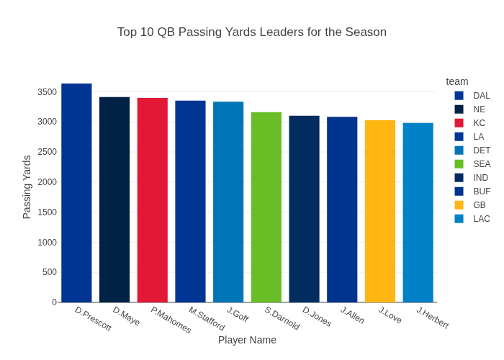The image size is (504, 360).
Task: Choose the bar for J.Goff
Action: pos(228,202)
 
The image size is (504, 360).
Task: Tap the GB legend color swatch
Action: pos(459,205)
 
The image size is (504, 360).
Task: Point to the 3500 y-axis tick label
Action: pos(47,92)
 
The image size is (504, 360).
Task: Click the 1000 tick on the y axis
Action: pos(47,242)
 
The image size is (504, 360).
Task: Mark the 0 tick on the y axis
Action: pos(54,302)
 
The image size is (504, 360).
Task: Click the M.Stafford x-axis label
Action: pos(207,319)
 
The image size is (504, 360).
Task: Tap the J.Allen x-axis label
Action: pos(353,315)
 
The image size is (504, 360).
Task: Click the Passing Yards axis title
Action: pos(27,187)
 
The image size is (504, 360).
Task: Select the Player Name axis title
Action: pos(247,340)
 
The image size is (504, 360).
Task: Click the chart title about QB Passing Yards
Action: pos(252,32)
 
